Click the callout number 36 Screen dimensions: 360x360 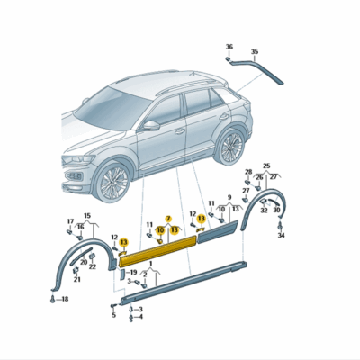tap(229, 47)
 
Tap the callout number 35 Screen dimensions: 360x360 tap(254, 51)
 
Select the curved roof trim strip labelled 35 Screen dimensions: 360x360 tap(261, 69)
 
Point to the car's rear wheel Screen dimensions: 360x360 tap(231, 146)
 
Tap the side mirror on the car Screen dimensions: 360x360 tap(152, 125)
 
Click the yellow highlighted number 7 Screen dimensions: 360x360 tap(167, 219)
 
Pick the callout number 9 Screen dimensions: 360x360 tap(229, 197)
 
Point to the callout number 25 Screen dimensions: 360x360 tap(265, 166)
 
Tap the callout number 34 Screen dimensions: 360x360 tap(280, 236)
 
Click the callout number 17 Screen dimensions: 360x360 tap(70, 220)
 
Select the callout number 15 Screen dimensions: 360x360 tap(87, 215)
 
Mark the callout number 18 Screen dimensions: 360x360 tap(64, 297)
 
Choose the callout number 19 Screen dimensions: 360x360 tap(133, 272)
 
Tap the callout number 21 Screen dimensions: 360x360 tap(76, 280)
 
